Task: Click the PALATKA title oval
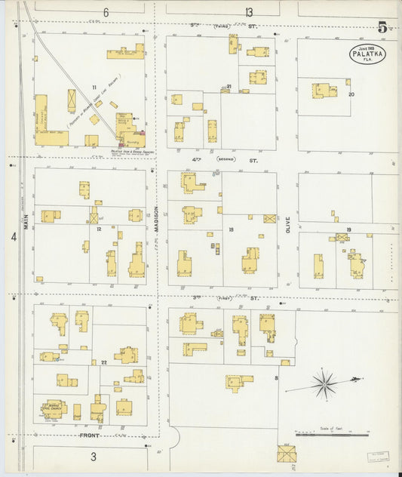[366, 54]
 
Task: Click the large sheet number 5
[383, 28]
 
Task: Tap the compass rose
[324, 383]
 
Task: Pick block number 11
[95, 88]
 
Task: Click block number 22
[104, 363]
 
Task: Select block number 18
[231, 229]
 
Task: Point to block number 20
[351, 94]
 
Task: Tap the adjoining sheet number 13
[248, 11]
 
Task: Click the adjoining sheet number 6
[106, 12]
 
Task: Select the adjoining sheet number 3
[94, 457]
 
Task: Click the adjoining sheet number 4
[14, 237]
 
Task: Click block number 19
[348, 229]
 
